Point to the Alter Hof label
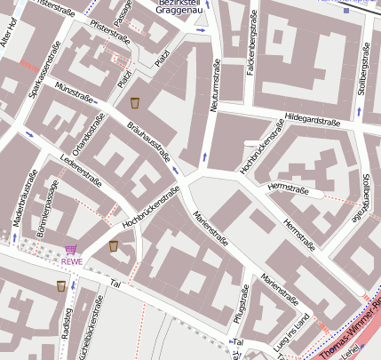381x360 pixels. pyautogui.click(x=10, y=41)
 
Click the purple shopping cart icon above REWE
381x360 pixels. pyautogui.click(x=72, y=250)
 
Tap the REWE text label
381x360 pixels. pyautogui.click(x=72, y=261)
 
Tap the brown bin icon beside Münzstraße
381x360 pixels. pyautogui.click(x=134, y=103)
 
